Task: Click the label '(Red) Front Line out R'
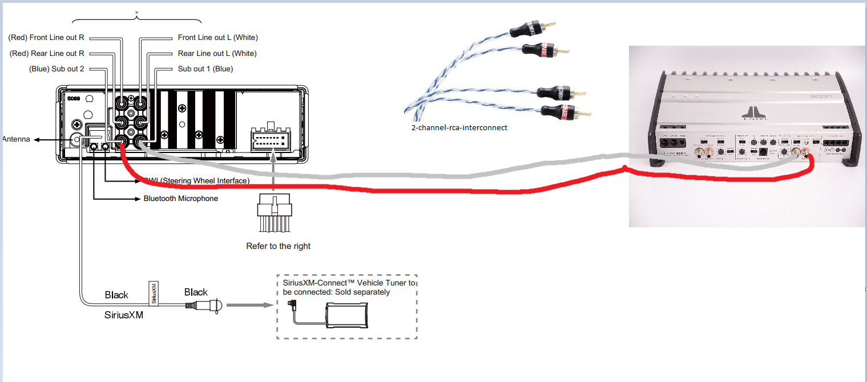46,38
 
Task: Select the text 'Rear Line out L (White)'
217,54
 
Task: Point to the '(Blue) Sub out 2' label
57,69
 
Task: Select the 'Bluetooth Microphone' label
180,199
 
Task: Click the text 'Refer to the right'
279,246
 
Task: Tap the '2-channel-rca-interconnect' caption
459,128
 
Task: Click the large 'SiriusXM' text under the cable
124,314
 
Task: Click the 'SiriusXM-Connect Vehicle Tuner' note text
349,287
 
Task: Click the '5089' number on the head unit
74,98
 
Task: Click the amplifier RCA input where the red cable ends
806,152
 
